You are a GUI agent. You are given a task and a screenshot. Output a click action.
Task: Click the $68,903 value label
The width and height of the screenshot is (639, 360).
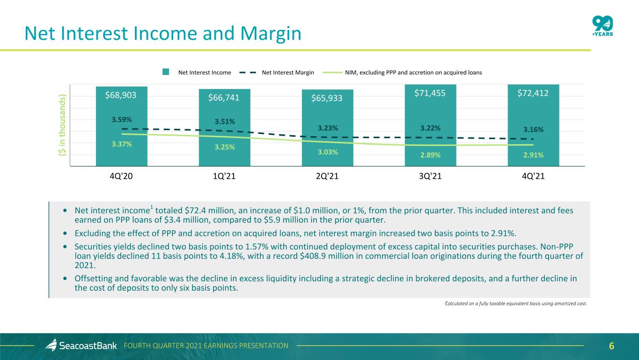[x=121, y=95]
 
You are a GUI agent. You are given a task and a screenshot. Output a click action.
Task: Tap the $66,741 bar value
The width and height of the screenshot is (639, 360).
[x=224, y=98]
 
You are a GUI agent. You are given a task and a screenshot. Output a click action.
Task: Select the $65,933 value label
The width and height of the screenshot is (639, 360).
[x=327, y=98]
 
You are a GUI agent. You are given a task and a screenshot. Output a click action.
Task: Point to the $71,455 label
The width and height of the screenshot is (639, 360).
[x=430, y=93]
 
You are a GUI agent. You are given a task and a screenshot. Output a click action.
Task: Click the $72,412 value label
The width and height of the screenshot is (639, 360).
[x=533, y=93]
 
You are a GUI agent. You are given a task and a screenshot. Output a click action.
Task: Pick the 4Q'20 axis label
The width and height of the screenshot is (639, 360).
[x=121, y=176]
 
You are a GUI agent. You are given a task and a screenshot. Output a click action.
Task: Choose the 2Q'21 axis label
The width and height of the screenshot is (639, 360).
[x=327, y=176]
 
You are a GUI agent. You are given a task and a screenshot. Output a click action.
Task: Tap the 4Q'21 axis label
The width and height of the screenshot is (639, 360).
[x=533, y=176]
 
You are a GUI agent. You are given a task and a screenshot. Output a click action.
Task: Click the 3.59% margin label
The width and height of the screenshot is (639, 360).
[x=122, y=119]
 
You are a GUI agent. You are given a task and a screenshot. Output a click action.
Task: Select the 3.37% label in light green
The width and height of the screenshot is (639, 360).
[x=122, y=144]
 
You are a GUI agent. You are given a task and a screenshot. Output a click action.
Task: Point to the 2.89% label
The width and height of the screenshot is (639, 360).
[x=430, y=155]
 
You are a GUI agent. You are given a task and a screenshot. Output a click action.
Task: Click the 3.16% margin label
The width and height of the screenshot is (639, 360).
[x=533, y=130]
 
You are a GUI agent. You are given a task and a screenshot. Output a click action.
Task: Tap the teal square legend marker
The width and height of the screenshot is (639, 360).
[x=166, y=72]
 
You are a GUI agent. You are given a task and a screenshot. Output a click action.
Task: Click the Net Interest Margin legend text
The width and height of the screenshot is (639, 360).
[x=288, y=73]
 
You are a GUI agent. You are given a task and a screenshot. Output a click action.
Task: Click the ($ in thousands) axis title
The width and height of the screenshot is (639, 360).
[x=62, y=125]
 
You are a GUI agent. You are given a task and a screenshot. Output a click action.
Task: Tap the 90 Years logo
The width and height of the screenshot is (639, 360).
[x=602, y=26]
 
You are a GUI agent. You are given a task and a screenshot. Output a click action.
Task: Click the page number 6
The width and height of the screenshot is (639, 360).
[x=611, y=346]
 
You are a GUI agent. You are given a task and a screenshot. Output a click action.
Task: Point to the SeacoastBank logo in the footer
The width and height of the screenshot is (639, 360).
[x=81, y=345]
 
